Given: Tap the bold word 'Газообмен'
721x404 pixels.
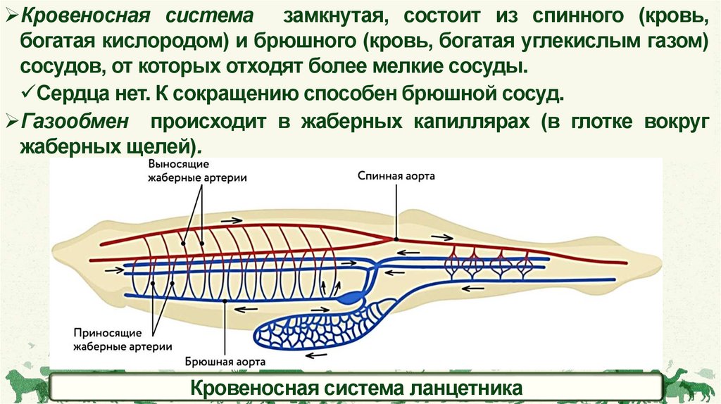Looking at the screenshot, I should click(75, 121).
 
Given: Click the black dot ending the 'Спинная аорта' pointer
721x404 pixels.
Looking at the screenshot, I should click(396, 239).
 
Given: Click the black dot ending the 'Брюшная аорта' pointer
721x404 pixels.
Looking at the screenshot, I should click(225, 301).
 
